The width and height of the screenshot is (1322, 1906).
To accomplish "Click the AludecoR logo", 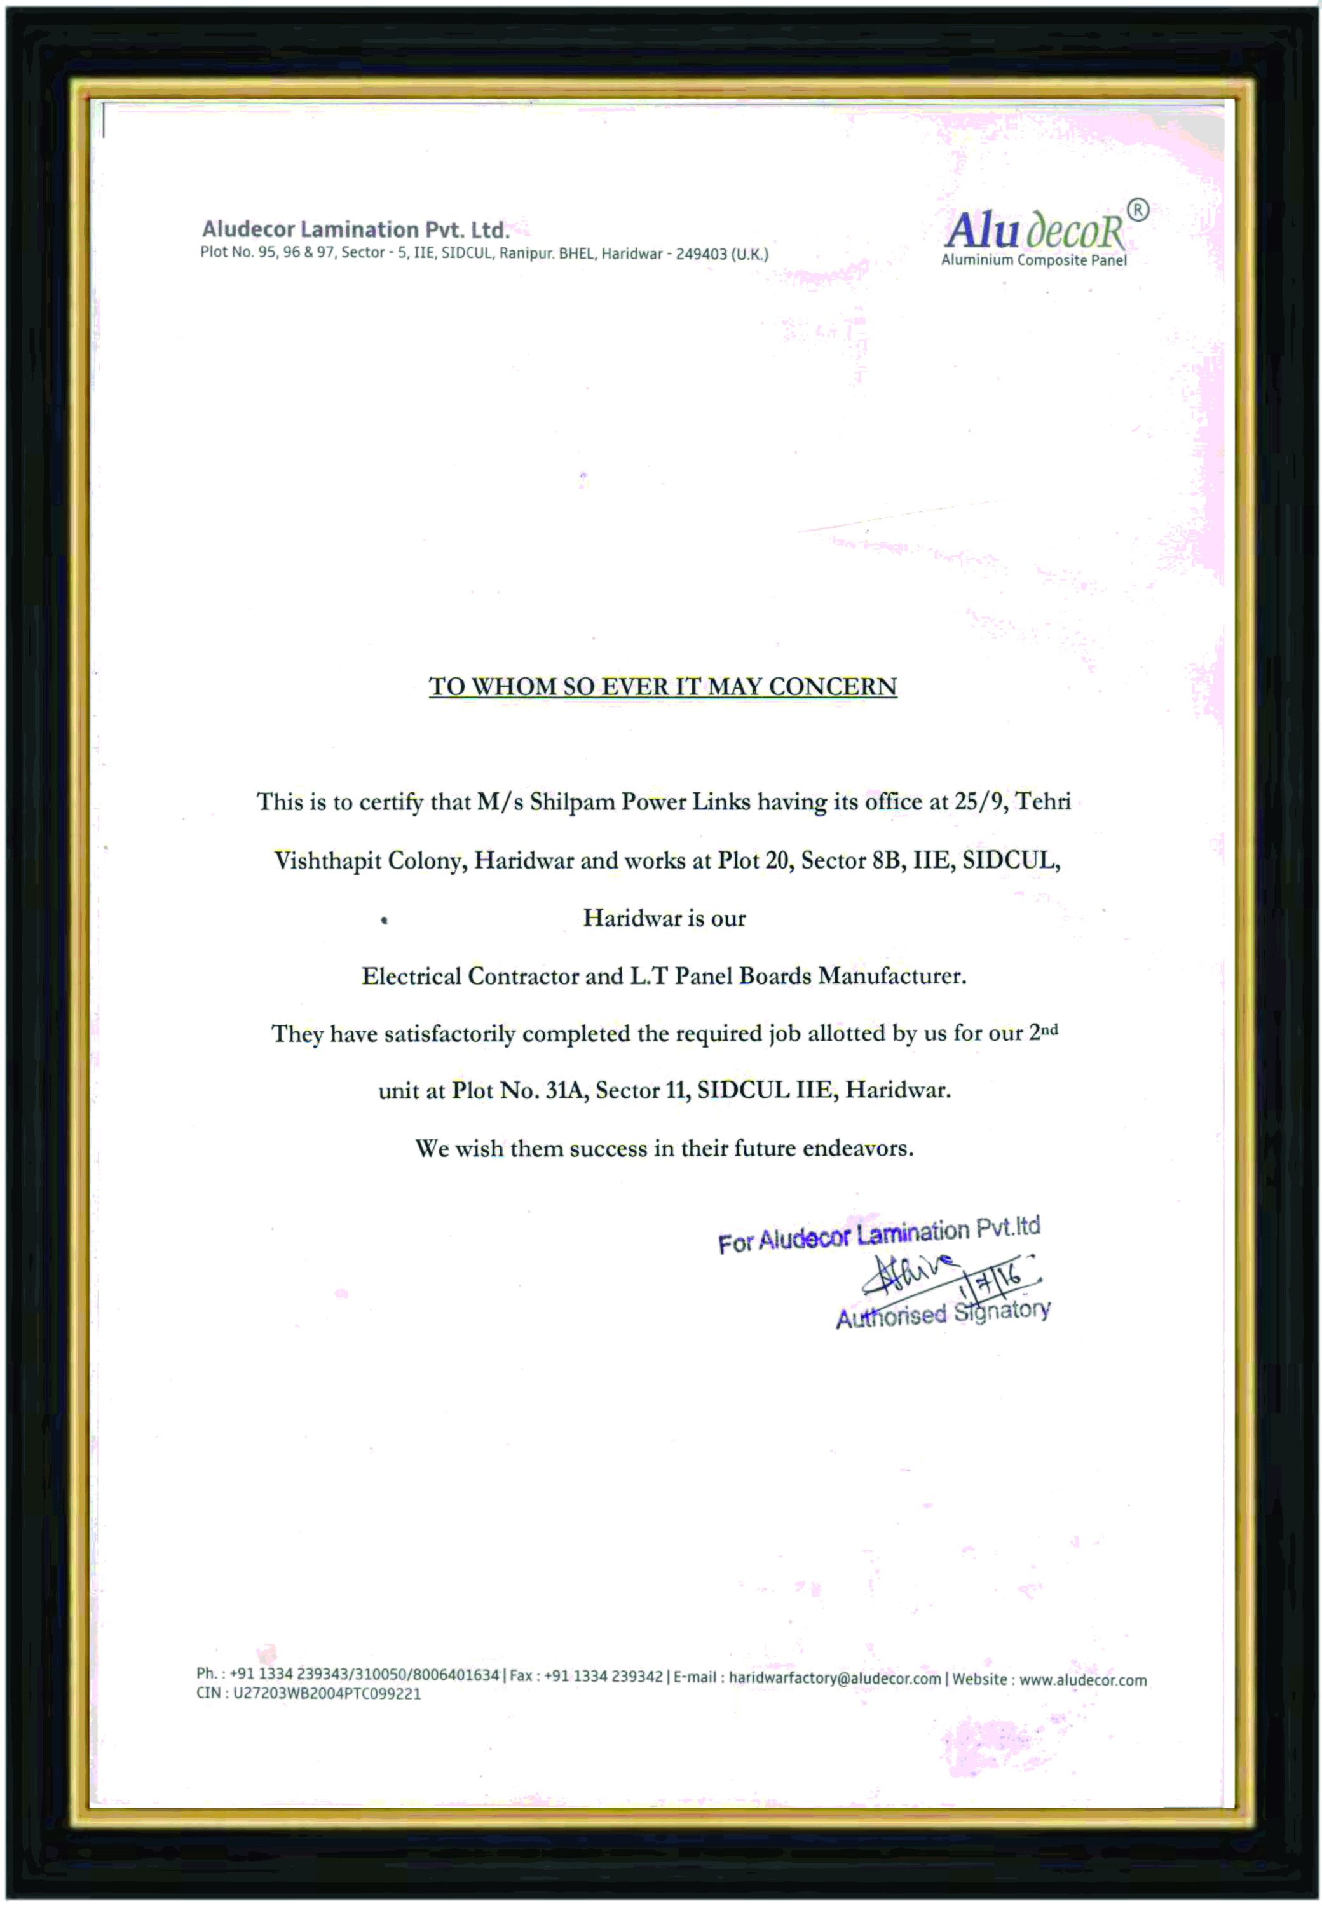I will tap(1035, 231).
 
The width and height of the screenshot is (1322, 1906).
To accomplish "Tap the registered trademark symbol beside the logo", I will tap(1138, 210).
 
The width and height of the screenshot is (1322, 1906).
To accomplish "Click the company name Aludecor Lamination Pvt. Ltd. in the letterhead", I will tap(355, 229).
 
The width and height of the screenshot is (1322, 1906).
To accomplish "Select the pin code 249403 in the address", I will tap(701, 254).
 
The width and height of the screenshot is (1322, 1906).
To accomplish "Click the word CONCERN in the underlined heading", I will tap(833, 686).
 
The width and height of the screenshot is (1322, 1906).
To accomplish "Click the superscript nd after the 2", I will tap(1049, 1029).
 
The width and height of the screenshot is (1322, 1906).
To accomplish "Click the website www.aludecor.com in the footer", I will tap(1082, 1680).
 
